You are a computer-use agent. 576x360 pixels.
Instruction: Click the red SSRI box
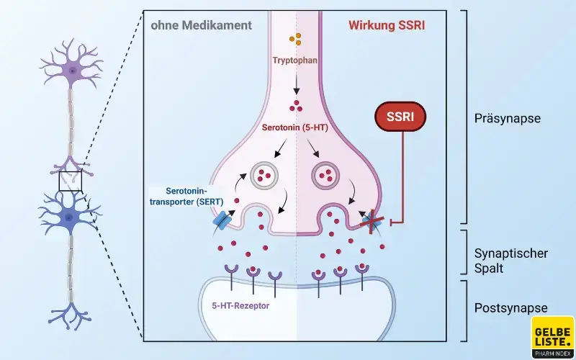[x=401, y=117]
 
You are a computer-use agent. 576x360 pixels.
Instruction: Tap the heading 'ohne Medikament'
[x=202, y=25]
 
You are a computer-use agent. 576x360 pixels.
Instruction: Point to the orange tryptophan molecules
[x=294, y=39]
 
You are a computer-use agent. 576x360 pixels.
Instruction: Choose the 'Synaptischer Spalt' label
[x=511, y=261]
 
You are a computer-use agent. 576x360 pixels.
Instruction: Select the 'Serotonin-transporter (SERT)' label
[x=188, y=199]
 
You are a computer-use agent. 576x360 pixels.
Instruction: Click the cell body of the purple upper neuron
[x=71, y=69]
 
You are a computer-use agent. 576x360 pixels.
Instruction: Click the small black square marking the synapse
[x=71, y=181]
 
